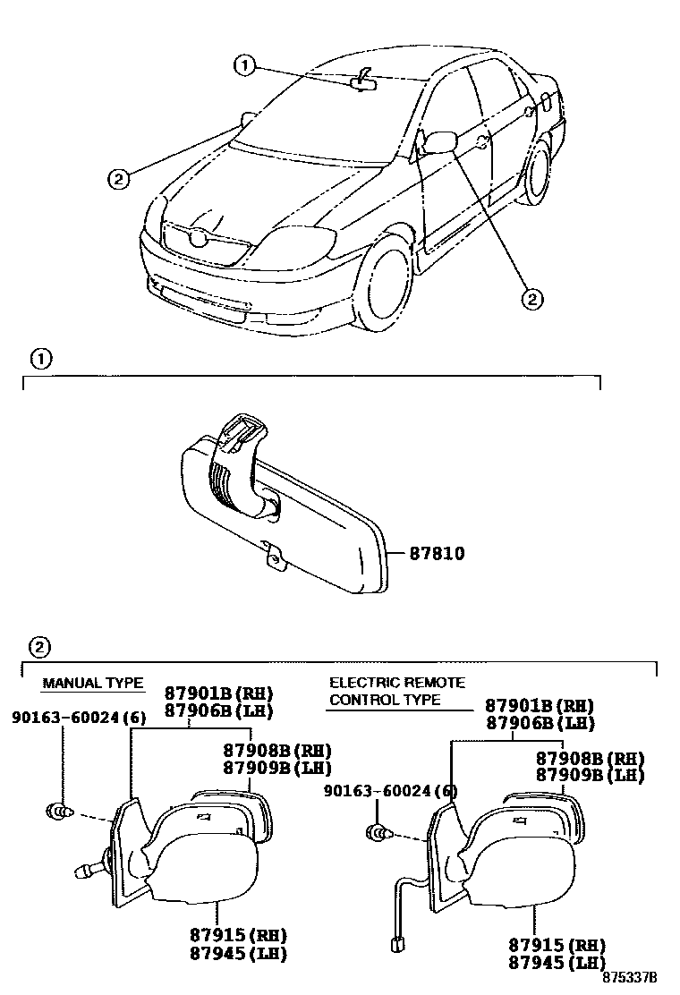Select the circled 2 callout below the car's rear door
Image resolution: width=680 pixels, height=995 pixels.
531,299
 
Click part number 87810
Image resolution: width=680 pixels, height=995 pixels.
437,554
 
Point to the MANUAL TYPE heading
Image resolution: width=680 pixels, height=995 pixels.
93,684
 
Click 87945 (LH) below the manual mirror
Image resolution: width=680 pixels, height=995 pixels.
237,954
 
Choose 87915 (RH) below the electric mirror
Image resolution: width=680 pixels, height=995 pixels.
556,945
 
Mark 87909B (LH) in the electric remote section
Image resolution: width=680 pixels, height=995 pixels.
590,775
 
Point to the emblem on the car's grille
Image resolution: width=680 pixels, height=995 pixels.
199,237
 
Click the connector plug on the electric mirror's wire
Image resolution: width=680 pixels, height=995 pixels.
395,941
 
